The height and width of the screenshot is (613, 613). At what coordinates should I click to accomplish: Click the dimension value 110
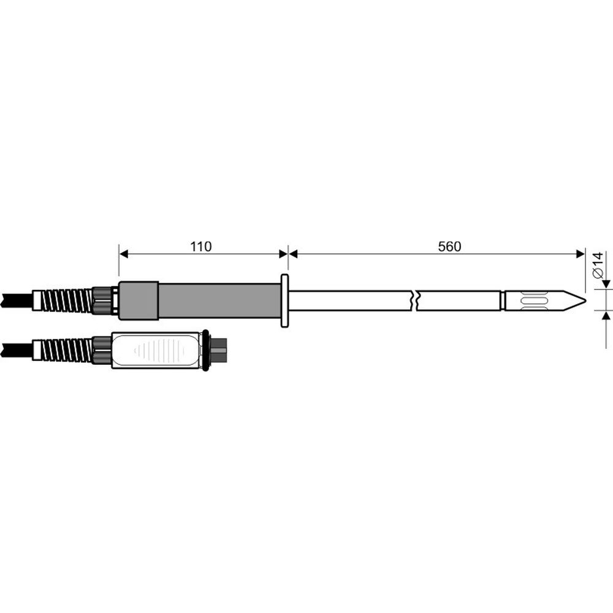[x=200, y=246]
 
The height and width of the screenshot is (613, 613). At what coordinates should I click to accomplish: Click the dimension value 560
[x=449, y=246]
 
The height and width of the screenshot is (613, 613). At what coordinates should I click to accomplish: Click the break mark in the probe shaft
[x=416, y=301]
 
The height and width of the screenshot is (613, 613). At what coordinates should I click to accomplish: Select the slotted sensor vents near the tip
[x=531, y=301]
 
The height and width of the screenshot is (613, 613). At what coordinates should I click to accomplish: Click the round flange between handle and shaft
[x=284, y=300]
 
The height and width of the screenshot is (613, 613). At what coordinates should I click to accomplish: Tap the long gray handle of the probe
[x=218, y=300]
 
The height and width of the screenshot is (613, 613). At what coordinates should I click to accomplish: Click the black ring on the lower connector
[x=205, y=351]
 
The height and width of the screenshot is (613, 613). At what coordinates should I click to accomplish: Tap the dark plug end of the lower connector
[x=219, y=351]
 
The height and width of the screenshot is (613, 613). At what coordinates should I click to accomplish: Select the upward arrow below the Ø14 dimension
[x=606, y=316]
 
